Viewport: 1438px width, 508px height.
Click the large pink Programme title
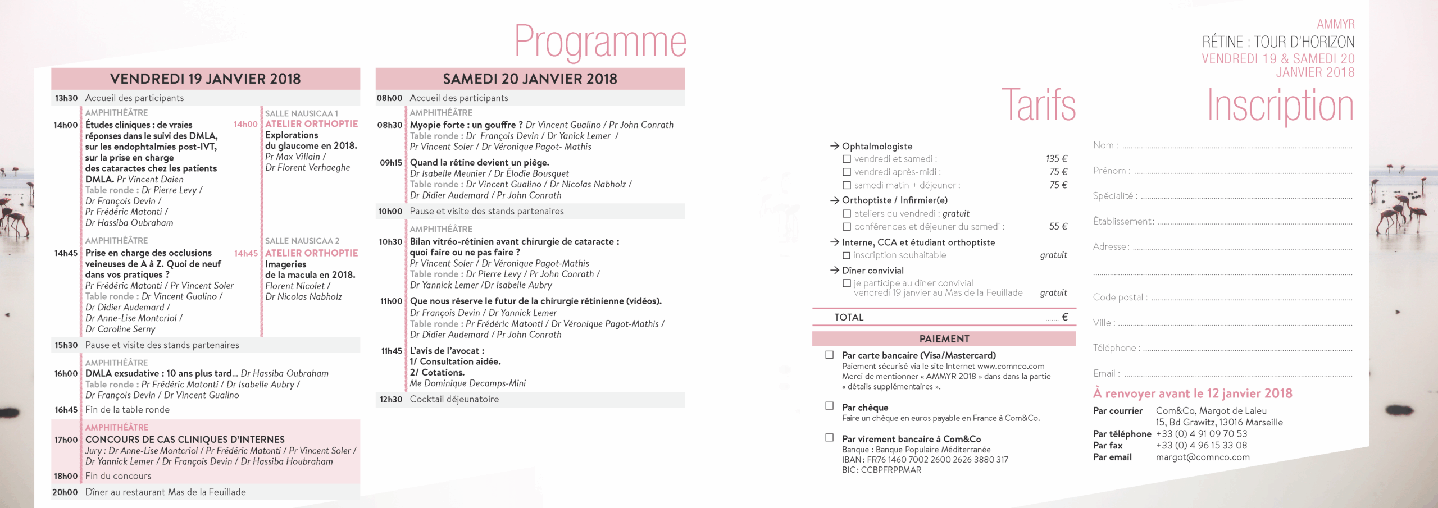pos(600,42)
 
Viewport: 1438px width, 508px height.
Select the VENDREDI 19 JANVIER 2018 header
pos(205,79)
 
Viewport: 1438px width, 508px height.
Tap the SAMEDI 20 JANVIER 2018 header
pos(530,79)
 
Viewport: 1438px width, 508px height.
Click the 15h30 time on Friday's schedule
pos(66,345)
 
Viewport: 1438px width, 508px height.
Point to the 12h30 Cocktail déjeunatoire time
pos(390,400)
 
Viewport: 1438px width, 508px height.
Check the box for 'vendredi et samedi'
pos(847,159)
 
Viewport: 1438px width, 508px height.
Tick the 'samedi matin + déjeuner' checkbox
pos(847,185)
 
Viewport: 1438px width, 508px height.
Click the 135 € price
pos(1056,159)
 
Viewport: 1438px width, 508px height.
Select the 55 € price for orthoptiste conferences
pos(1058,227)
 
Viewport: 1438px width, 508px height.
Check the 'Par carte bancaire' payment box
pos(829,355)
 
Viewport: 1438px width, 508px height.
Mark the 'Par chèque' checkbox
pos(829,406)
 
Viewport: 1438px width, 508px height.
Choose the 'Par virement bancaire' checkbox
pos(829,438)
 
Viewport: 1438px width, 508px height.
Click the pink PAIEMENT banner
pos(944,339)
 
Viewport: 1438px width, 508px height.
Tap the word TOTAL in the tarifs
pos(848,318)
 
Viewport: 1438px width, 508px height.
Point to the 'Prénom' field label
pos(1111,171)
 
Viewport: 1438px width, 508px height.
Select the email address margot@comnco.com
pos(1203,457)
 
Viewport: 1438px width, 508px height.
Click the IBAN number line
pos(925,460)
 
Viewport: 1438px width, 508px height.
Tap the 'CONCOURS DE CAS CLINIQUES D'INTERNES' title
pos(185,440)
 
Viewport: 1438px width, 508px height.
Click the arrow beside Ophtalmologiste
pos(834,146)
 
